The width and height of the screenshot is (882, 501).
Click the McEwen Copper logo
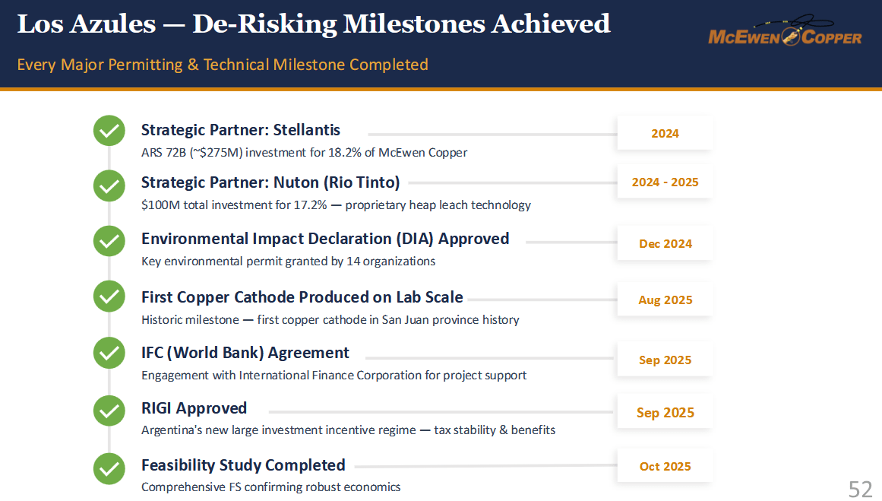785,31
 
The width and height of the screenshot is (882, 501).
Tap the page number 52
860,489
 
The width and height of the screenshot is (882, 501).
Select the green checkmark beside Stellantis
109,131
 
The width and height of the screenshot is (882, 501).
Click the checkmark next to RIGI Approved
109,411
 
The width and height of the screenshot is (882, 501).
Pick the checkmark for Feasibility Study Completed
109,468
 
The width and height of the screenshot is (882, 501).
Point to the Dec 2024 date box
665,243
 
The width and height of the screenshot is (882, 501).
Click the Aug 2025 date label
665,300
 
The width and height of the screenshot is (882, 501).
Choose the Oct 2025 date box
665,465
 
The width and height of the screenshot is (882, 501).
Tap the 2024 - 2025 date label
665,182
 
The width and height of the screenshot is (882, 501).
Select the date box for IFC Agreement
665,359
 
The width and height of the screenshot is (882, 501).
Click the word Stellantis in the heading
307,130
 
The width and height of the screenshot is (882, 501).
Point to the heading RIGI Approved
194,409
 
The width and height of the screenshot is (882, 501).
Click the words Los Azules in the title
87,24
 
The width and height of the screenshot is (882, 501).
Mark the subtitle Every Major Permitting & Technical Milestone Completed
223,65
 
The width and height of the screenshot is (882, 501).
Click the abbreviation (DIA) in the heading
415,239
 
